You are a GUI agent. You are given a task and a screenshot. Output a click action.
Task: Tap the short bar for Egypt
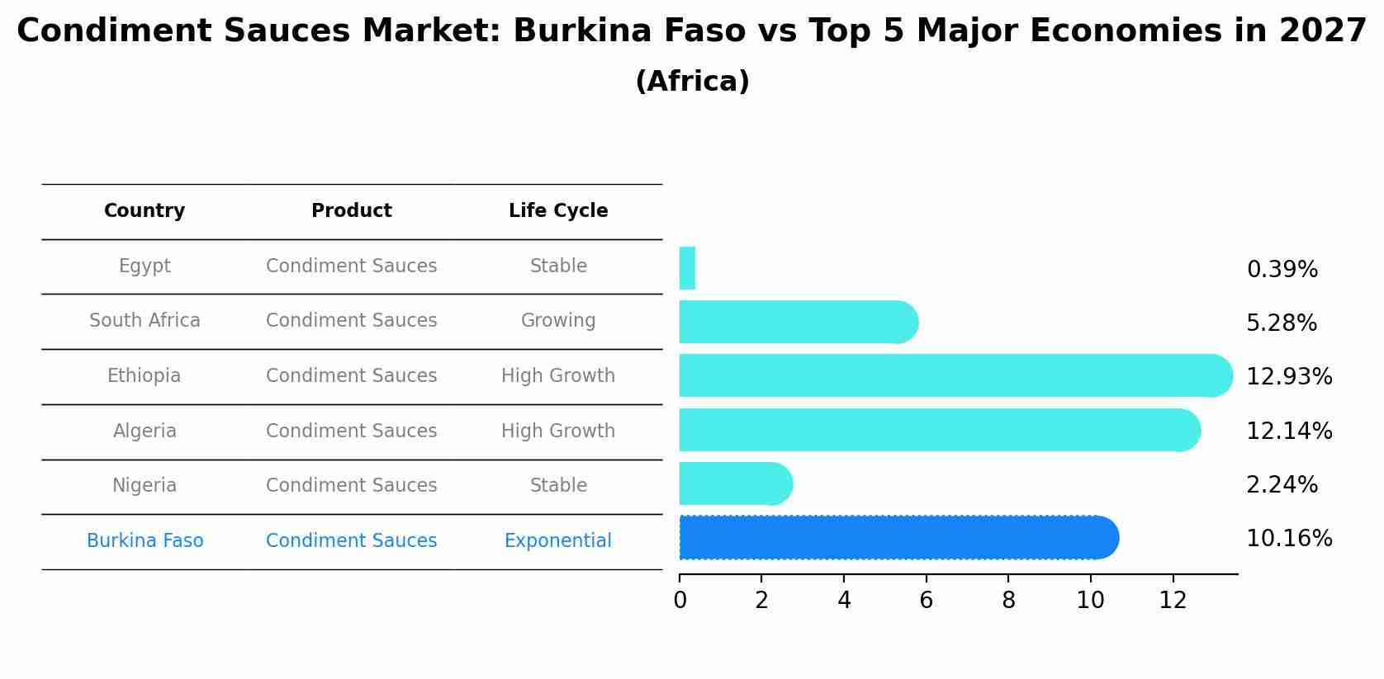(x=687, y=268)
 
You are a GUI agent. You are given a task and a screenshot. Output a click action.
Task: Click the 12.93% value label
(x=1288, y=377)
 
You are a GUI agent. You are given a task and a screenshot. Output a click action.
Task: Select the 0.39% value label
(x=1282, y=270)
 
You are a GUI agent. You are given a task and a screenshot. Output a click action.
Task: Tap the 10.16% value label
(x=1288, y=539)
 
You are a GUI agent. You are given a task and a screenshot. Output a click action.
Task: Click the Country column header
(x=145, y=211)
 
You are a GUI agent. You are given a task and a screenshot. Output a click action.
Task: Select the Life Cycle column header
(x=558, y=211)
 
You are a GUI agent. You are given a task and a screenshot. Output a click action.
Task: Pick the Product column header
(x=351, y=211)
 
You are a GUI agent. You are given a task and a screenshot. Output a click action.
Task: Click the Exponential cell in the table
(x=558, y=541)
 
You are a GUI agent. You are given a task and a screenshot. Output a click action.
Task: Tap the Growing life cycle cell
(x=558, y=321)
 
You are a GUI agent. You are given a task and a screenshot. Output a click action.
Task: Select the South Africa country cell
(x=145, y=321)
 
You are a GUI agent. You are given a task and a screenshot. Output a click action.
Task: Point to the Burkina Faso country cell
(x=145, y=541)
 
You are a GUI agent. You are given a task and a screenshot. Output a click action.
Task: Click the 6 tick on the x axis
(x=926, y=601)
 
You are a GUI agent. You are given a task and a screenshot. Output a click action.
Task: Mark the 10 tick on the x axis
(x=1090, y=601)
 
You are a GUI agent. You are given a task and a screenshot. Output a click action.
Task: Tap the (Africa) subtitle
(x=692, y=82)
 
